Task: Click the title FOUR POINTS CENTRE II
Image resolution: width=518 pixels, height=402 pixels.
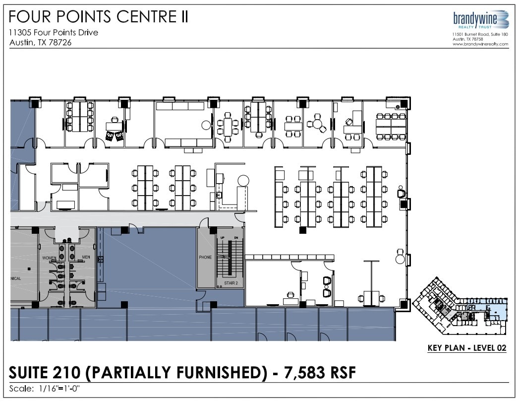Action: pyautogui.click(x=99, y=17)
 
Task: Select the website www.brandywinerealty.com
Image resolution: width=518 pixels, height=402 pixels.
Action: pyautogui.click(x=480, y=44)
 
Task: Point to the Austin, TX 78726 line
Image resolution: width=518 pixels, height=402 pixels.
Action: pyautogui.click(x=41, y=42)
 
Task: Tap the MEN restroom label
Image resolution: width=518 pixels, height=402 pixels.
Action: pyautogui.click(x=86, y=257)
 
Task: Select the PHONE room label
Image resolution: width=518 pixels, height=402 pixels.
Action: pyautogui.click(x=205, y=258)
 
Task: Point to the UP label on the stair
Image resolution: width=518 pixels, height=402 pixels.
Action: pyautogui.click(x=222, y=239)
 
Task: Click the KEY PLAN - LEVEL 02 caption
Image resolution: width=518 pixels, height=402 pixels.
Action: pyautogui.click(x=466, y=348)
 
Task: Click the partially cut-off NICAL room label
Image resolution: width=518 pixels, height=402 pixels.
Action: pyautogui.click(x=16, y=278)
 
